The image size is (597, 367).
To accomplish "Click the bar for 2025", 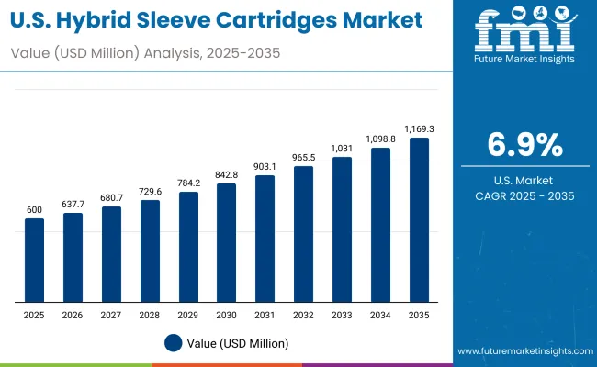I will [x=34, y=261].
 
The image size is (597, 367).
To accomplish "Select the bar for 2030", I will [x=226, y=243].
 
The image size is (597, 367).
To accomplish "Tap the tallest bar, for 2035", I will [x=419, y=220].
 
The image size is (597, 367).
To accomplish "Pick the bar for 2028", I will [x=150, y=251].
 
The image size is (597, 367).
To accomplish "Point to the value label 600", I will [x=34, y=210].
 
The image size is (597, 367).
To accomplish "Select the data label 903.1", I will [x=265, y=166].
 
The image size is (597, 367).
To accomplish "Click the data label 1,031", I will [x=342, y=149].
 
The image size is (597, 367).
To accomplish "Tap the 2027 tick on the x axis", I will [x=111, y=314].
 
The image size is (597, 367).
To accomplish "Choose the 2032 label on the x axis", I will [x=303, y=314].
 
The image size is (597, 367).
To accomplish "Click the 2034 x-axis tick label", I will [x=380, y=314].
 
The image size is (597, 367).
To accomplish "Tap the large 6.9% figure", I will [x=524, y=146].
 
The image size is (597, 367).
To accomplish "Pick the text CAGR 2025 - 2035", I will [x=524, y=195].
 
